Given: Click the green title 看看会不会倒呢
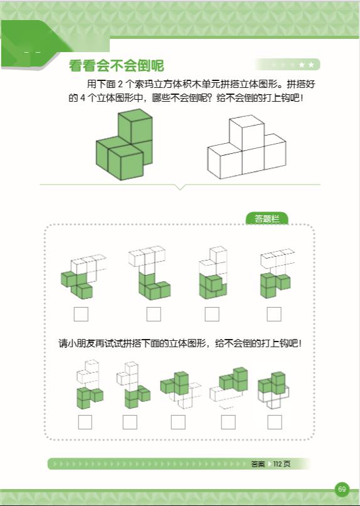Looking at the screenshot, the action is (x=117, y=66).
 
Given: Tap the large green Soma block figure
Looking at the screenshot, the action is (x=124, y=144).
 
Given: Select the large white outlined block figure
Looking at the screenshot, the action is (x=246, y=147).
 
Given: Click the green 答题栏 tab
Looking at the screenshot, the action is (x=267, y=218).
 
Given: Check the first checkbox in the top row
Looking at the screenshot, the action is (x=81, y=314).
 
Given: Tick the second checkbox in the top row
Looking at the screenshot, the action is (x=154, y=314).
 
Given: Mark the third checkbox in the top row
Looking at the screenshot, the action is (x=212, y=314).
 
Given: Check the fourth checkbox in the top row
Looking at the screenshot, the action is (x=274, y=314).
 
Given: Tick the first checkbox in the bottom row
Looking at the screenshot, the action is (x=85, y=422).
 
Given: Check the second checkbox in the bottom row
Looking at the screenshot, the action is (x=130, y=422).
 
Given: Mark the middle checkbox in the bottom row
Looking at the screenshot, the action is (x=178, y=422).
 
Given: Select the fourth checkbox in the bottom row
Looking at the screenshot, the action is (x=228, y=422).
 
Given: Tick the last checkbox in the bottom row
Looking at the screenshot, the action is (x=275, y=422).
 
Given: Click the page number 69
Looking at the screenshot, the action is (x=342, y=489).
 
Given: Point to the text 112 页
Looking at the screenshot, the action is (x=282, y=464).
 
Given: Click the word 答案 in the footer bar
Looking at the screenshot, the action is (x=258, y=464).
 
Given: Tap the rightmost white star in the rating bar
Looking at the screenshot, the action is (x=311, y=65).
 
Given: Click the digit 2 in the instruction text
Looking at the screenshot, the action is (x=120, y=84).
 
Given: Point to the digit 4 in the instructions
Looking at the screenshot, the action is (x=83, y=98).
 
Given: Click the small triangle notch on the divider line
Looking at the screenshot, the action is (x=181, y=187).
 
